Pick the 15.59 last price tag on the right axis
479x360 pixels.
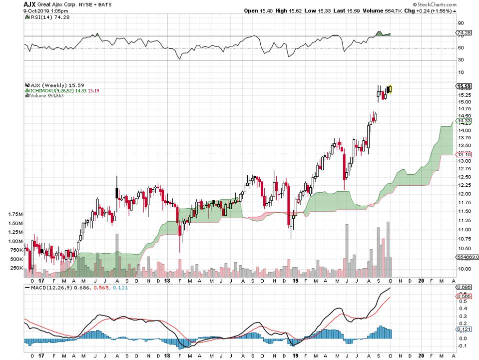coord(464,86)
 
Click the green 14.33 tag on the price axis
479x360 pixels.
coord(465,121)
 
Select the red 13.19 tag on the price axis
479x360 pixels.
coord(465,155)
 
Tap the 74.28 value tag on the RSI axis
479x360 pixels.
coord(465,32)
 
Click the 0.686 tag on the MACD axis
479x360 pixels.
coord(465,287)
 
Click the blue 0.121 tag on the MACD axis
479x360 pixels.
coord(465,330)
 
